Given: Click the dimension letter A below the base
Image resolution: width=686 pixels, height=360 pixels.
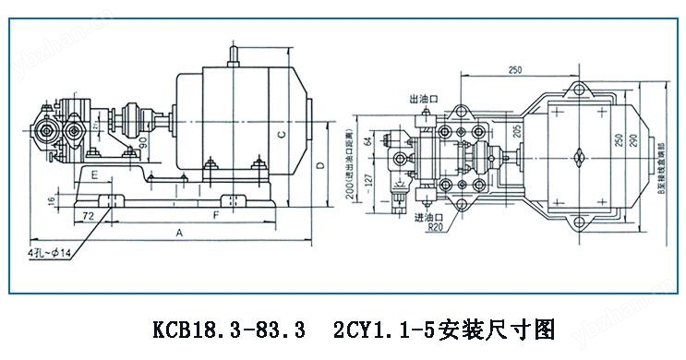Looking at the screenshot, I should pos(178,234).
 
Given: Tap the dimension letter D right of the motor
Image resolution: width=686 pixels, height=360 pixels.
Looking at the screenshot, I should pos(319,166).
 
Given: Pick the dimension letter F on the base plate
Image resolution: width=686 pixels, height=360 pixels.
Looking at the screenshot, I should pos(215,214).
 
